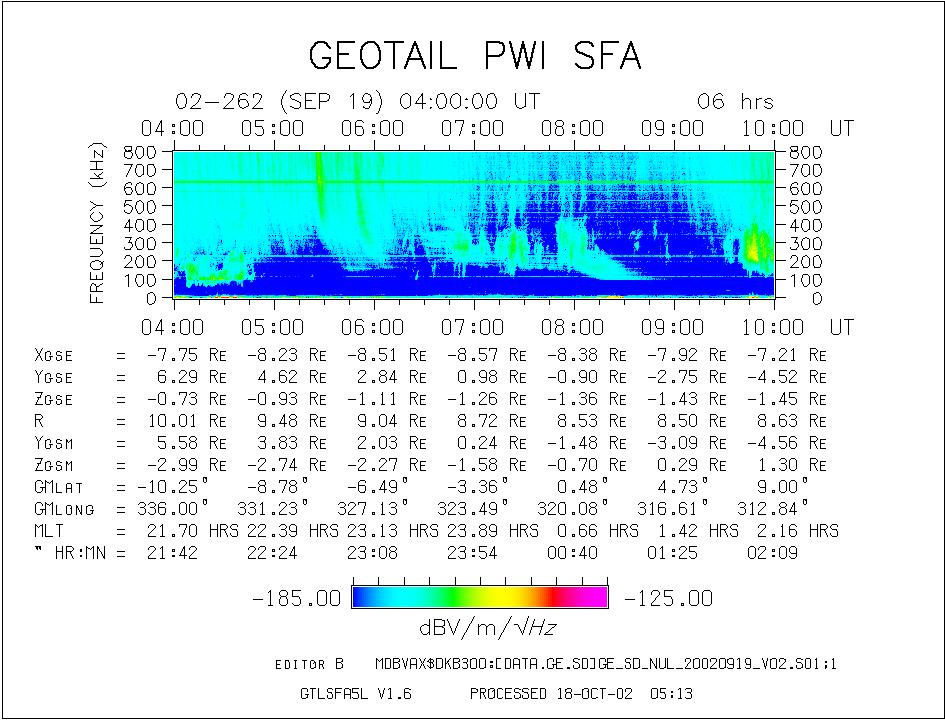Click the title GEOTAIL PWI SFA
click(x=474, y=56)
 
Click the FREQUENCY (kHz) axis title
click(x=98, y=224)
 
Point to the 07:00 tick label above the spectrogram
click(x=473, y=129)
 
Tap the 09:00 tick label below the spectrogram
click(x=673, y=327)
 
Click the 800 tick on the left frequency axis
click(x=140, y=152)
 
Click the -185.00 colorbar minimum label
click(x=297, y=599)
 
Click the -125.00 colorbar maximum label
click(x=667, y=599)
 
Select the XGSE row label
click(x=54, y=355)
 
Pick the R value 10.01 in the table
click(x=173, y=422)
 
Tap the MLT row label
click(x=48, y=531)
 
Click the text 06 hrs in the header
click(x=735, y=102)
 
